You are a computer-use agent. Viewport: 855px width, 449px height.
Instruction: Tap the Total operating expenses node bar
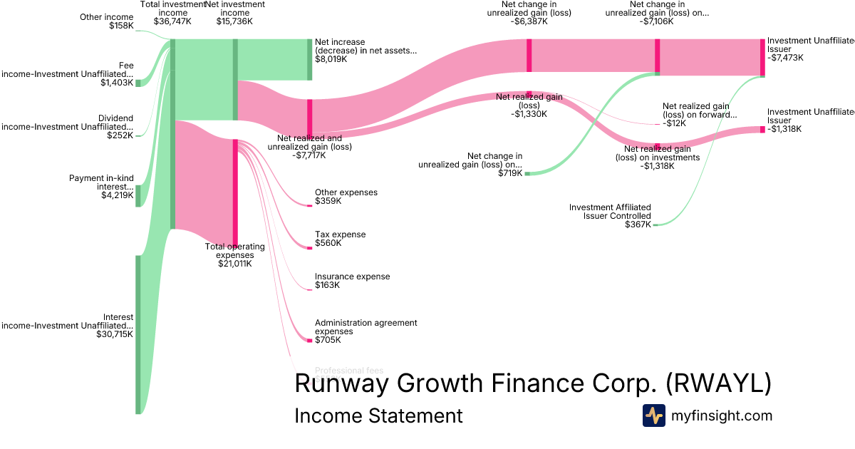point(235,192)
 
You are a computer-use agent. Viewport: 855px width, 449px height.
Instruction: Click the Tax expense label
point(340,234)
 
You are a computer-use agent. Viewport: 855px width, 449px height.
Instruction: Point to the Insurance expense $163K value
point(327,285)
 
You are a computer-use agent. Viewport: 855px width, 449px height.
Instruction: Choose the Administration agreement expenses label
point(366,327)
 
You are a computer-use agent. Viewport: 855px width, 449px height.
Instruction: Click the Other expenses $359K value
point(328,201)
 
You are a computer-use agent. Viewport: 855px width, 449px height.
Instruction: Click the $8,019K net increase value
point(331,59)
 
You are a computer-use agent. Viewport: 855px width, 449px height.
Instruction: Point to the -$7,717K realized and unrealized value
point(309,155)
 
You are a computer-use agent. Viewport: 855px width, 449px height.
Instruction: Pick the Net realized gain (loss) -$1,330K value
point(528,114)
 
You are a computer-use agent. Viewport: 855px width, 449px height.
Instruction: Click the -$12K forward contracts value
point(674,123)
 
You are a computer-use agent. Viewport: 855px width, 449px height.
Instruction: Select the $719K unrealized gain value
point(510,173)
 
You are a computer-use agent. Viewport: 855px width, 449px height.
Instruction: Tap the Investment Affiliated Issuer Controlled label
point(609,212)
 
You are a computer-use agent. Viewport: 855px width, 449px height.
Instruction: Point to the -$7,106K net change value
point(657,21)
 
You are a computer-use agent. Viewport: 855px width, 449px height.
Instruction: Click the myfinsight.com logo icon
point(653,416)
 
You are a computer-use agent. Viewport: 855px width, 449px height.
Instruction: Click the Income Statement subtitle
point(378,416)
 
